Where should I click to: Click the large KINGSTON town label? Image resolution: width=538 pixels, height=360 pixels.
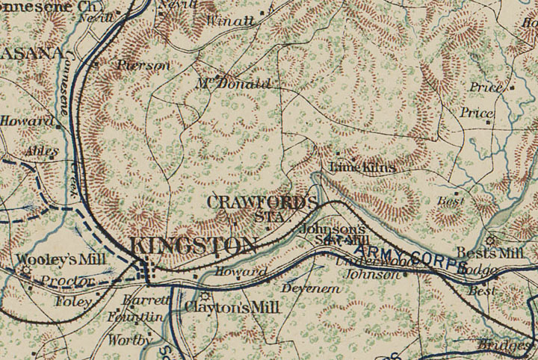pos(193,245)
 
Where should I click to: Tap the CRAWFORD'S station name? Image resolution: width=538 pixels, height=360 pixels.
pos(261,202)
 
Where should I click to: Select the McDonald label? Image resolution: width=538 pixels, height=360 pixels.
pos(232,84)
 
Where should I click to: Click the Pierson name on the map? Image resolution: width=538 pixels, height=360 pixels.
pos(143,65)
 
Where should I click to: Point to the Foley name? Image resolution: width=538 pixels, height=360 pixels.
pos(72,302)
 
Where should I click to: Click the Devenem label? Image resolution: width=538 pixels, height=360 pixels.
pos(305,288)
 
